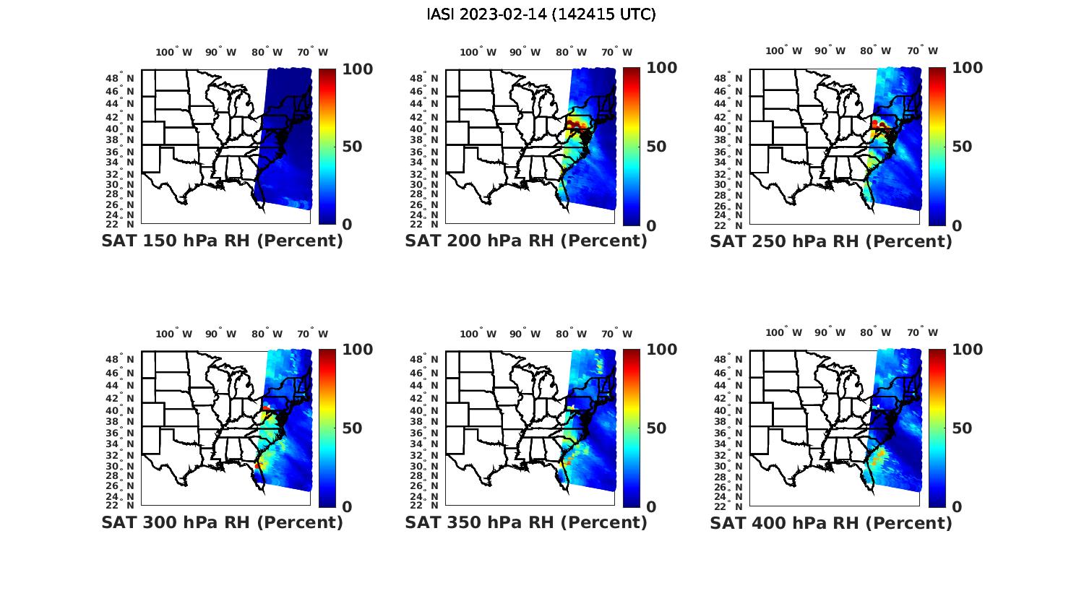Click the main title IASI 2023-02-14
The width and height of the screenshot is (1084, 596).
[541, 14]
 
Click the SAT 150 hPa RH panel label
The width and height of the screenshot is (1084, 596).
[222, 241]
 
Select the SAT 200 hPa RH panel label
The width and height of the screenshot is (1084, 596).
[526, 241]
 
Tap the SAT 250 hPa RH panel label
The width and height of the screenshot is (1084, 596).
[831, 241]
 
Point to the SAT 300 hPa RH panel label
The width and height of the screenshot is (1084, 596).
[222, 522]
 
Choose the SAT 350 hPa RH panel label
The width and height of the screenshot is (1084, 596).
[526, 522]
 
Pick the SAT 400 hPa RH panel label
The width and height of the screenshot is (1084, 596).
[831, 522]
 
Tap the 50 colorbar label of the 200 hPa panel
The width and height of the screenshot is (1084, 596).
[656, 147]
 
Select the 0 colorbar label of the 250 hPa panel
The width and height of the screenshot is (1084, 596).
[958, 225]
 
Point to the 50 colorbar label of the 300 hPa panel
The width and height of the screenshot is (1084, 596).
[352, 428]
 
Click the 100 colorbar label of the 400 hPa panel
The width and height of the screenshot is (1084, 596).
[966, 350]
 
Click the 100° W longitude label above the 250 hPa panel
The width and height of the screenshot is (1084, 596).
[783, 51]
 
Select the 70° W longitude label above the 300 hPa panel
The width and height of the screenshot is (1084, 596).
[312, 334]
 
